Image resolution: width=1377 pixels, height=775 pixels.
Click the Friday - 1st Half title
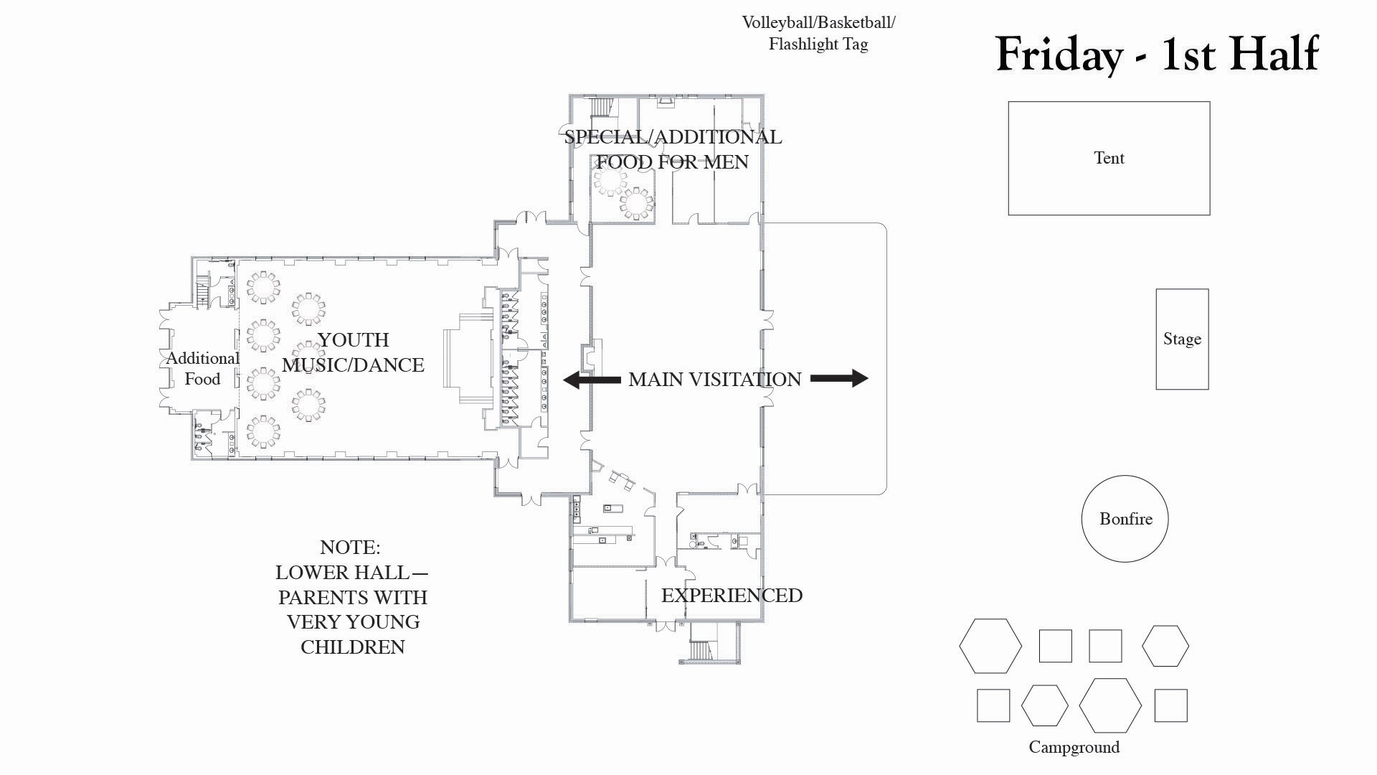1157,54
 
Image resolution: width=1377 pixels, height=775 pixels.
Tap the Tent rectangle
1109,158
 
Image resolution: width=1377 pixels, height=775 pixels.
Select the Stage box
1182,339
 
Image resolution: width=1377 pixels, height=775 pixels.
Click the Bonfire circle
1125,519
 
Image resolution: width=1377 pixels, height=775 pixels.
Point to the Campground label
1074,747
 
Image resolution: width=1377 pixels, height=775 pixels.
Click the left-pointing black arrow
592,379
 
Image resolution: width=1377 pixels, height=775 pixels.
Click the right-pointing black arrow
839,378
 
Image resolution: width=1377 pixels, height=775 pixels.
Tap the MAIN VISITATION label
714,379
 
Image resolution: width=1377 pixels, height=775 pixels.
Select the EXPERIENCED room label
732,596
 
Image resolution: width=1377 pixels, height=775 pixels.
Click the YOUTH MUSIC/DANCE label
353,352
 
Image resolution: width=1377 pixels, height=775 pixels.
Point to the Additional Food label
202,369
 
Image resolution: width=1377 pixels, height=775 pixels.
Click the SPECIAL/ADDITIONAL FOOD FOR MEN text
673,149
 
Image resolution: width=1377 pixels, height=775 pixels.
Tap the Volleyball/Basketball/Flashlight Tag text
818,33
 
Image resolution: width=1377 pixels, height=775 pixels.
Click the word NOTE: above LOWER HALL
350,548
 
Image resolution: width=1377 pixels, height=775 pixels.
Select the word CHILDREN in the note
352,647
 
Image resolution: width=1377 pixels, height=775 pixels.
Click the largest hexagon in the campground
1109,705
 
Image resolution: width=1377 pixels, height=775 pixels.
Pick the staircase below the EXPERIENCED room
699,650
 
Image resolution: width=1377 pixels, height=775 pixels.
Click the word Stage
1182,339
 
